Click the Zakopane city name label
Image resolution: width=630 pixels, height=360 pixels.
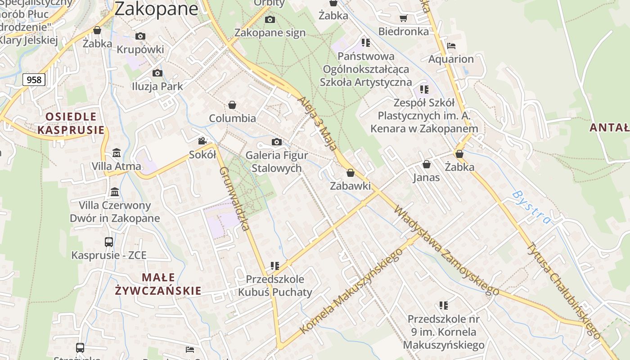(x=156, y=9)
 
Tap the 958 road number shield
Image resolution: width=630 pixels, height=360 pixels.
(x=34, y=80)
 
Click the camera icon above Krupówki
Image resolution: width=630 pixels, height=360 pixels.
(x=140, y=36)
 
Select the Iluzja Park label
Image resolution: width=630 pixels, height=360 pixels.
(x=157, y=86)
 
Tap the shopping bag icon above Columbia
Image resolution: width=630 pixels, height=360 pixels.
(x=232, y=105)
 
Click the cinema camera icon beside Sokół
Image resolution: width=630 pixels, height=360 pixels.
(x=202, y=141)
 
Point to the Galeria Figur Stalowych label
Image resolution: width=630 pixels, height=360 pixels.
(x=276, y=162)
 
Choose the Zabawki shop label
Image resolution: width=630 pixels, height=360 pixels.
(x=350, y=186)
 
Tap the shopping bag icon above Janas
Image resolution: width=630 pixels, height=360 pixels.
(x=426, y=164)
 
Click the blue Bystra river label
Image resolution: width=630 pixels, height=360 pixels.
(x=531, y=207)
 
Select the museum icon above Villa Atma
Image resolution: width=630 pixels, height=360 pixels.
(x=117, y=153)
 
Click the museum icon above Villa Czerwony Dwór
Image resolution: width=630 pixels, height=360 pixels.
(x=115, y=192)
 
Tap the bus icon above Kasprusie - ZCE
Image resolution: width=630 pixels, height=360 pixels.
(x=109, y=242)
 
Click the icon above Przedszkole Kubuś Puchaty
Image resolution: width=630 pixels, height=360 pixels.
(x=275, y=266)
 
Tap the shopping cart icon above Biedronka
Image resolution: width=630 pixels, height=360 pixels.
(x=403, y=18)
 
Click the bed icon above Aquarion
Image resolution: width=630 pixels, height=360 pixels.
(x=451, y=46)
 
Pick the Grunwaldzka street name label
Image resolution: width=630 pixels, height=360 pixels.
(x=234, y=198)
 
